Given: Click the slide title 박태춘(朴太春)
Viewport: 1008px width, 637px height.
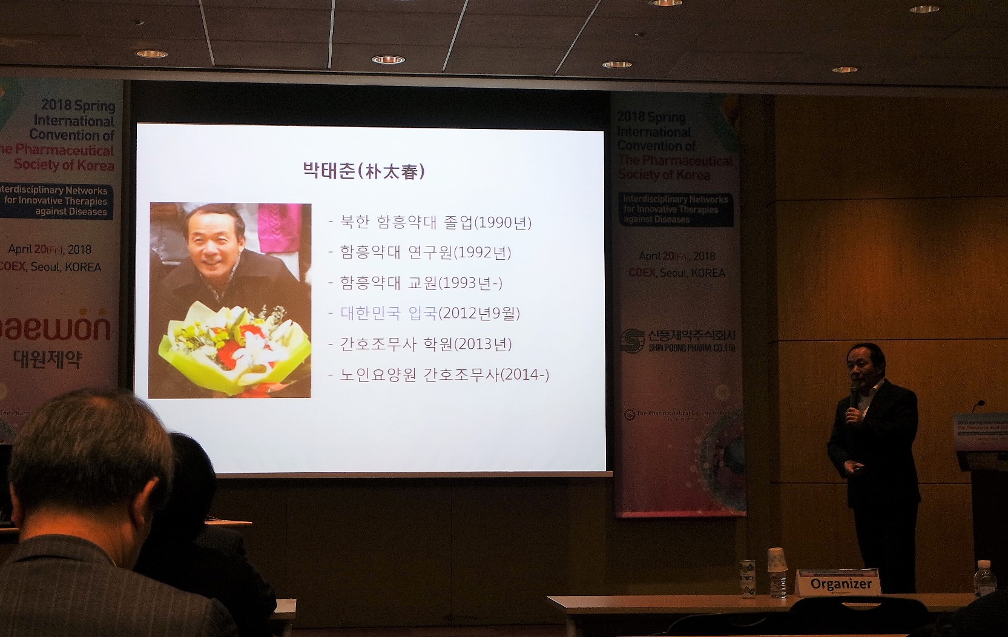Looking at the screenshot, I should tap(364, 171).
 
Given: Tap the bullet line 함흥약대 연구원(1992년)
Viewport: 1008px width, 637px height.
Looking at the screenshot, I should tap(425, 252).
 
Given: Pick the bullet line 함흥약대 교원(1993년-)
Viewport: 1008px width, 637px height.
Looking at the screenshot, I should tap(421, 283).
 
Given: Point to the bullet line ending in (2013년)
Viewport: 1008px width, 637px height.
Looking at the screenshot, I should tap(426, 344).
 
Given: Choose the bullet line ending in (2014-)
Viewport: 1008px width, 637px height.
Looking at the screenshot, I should tap(444, 375).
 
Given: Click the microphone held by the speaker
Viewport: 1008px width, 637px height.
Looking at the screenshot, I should tap(854, 394).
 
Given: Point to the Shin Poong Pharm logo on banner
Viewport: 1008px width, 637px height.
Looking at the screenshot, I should tap(679, 341).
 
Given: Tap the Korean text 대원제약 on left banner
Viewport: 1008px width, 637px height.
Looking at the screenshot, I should tap(48, 359).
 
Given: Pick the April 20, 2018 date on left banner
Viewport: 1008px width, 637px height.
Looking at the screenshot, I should tap(50, 249).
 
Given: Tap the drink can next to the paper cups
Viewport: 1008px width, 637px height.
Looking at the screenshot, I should tap(748, 578).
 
